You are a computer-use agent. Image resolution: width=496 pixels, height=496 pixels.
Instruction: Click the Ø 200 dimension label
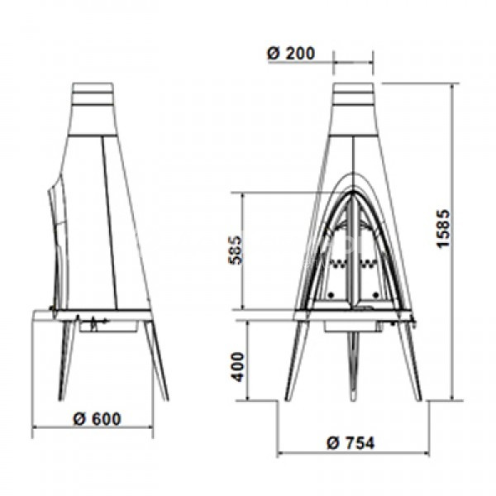point(291,54)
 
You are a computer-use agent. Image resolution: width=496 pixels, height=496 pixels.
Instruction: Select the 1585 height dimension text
point(442,228)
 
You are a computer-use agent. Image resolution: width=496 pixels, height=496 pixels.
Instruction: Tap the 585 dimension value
point(236,250)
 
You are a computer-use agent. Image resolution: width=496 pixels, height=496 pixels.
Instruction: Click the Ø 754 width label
point(351,443)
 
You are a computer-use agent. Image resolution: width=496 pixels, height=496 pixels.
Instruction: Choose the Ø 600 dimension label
point(97,419)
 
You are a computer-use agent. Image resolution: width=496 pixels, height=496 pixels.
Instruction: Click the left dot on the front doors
point(331,295)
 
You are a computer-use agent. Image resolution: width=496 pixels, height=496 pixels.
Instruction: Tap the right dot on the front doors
point(376,295)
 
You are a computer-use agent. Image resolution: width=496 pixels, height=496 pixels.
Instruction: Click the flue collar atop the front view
point(353,94)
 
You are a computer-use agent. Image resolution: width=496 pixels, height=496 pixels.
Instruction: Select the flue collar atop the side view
point(93,93)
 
